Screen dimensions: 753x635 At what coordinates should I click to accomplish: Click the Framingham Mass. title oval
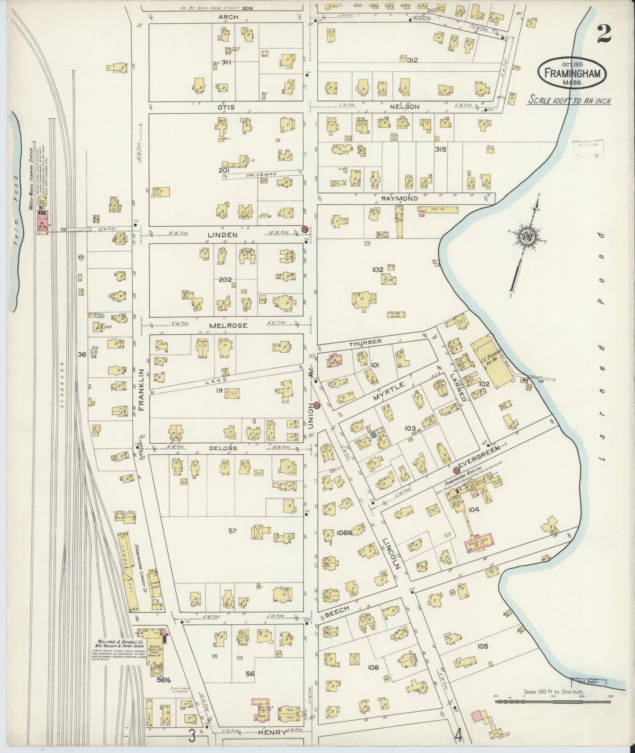point(573,74)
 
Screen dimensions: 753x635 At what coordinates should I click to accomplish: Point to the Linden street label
point(222,235)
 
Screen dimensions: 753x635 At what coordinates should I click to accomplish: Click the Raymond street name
point(399,199)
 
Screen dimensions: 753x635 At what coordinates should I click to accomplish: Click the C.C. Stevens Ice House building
point(492,361)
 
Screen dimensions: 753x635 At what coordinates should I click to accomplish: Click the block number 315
point(440,149)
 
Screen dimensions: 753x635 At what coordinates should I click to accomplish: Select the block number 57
point(232,531)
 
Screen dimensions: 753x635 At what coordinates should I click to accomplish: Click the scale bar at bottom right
point(552,702)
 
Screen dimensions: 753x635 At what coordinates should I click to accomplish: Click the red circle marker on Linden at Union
point(305,229)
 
